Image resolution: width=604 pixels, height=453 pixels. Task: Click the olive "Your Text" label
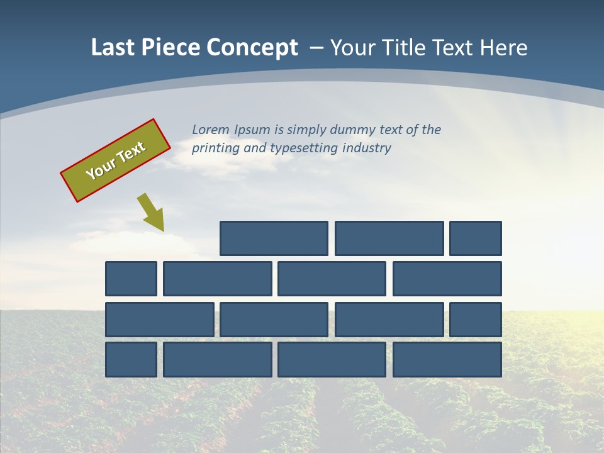[116, 160]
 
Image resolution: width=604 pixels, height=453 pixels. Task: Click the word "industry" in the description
[367, 148]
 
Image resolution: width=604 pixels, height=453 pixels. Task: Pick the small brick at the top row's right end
[476, 238]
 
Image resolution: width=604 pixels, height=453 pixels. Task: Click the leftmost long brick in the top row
[274, 238]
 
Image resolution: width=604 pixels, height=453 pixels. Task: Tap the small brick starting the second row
[131, 279]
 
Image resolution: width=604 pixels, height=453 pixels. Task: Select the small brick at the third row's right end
[476, 320]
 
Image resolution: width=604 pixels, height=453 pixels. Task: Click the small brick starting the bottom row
[131, 359]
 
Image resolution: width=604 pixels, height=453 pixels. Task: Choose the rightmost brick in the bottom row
[447, 359]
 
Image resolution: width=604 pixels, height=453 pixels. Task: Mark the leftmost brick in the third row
[160, 320]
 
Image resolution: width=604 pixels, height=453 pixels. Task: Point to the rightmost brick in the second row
[447, 279]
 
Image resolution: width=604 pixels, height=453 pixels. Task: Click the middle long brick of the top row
[389, 238]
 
